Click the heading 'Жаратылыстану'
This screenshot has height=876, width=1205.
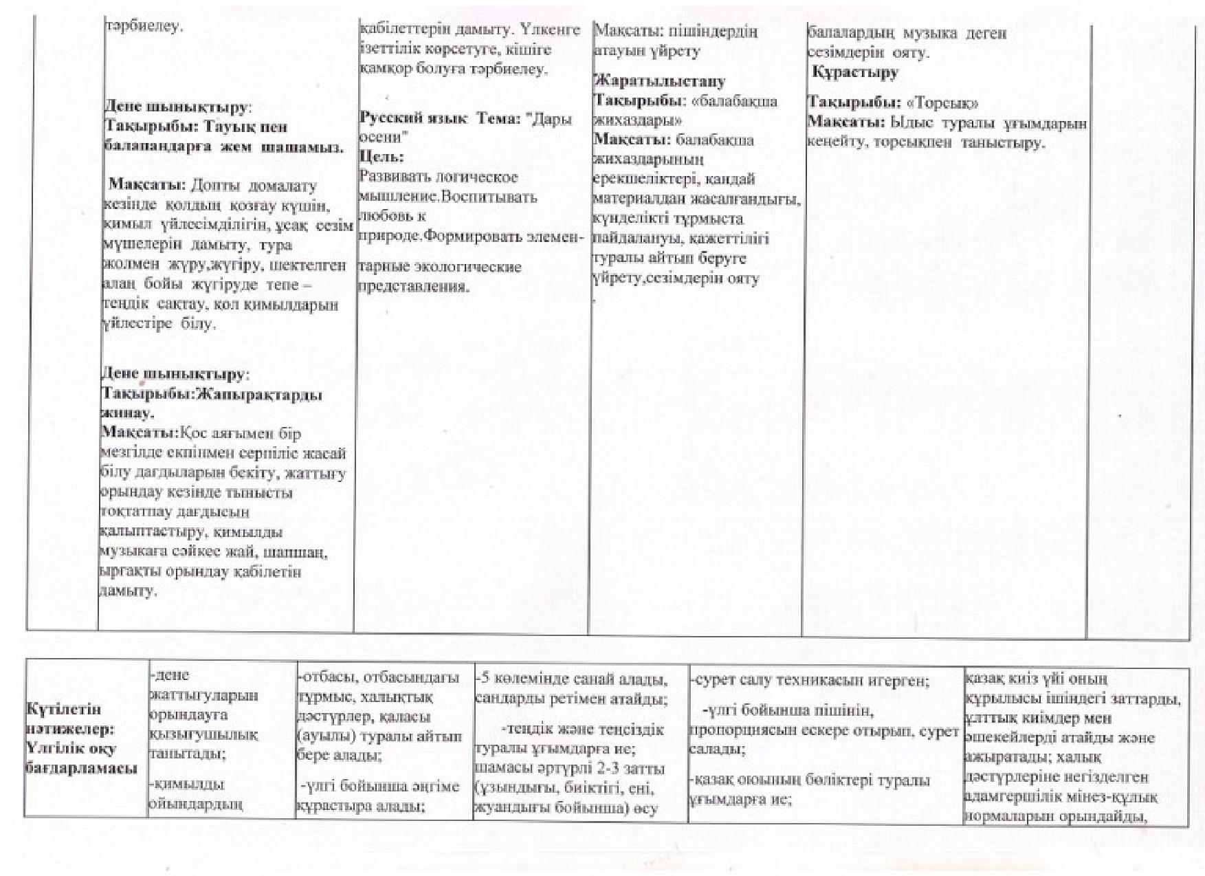(659, 82)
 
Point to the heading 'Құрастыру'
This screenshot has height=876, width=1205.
(855, 72)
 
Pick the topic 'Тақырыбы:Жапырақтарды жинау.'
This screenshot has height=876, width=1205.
(211, 404)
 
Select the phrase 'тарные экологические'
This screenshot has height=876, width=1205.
(440, 267)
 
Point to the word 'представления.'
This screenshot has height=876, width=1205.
(414, 286)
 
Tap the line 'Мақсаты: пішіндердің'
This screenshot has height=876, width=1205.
(675, 32)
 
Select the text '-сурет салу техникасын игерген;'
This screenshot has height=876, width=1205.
(809, 681)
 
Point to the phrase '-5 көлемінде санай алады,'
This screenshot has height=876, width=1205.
(571, 681)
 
